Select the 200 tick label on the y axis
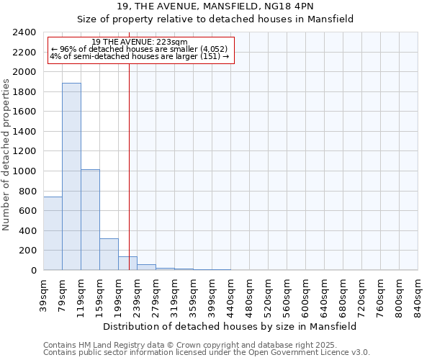click(28, 251)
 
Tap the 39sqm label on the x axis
click(44, 292)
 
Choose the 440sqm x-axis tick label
click(231, 294)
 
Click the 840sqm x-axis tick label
click(418, 294)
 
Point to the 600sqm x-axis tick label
click(306, 294)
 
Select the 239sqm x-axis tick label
click(138, 294)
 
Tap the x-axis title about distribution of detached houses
click(230, 326)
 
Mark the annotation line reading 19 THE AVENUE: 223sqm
click(140, 42)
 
